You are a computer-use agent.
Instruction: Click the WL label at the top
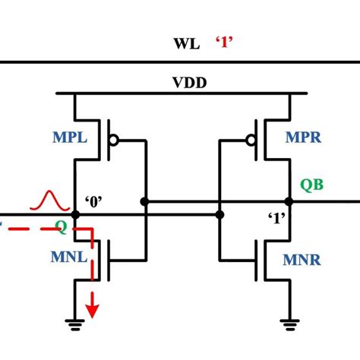click(186, 44)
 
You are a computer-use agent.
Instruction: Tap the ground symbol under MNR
click(288, 323)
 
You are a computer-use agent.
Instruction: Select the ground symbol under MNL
click(74, 323)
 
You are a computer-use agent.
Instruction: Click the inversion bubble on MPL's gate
click(115, 141)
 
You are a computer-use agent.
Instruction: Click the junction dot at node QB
click(288, 202)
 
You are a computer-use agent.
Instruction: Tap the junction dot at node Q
click(74, 215)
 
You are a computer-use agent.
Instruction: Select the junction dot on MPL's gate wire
click(144, 202)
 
